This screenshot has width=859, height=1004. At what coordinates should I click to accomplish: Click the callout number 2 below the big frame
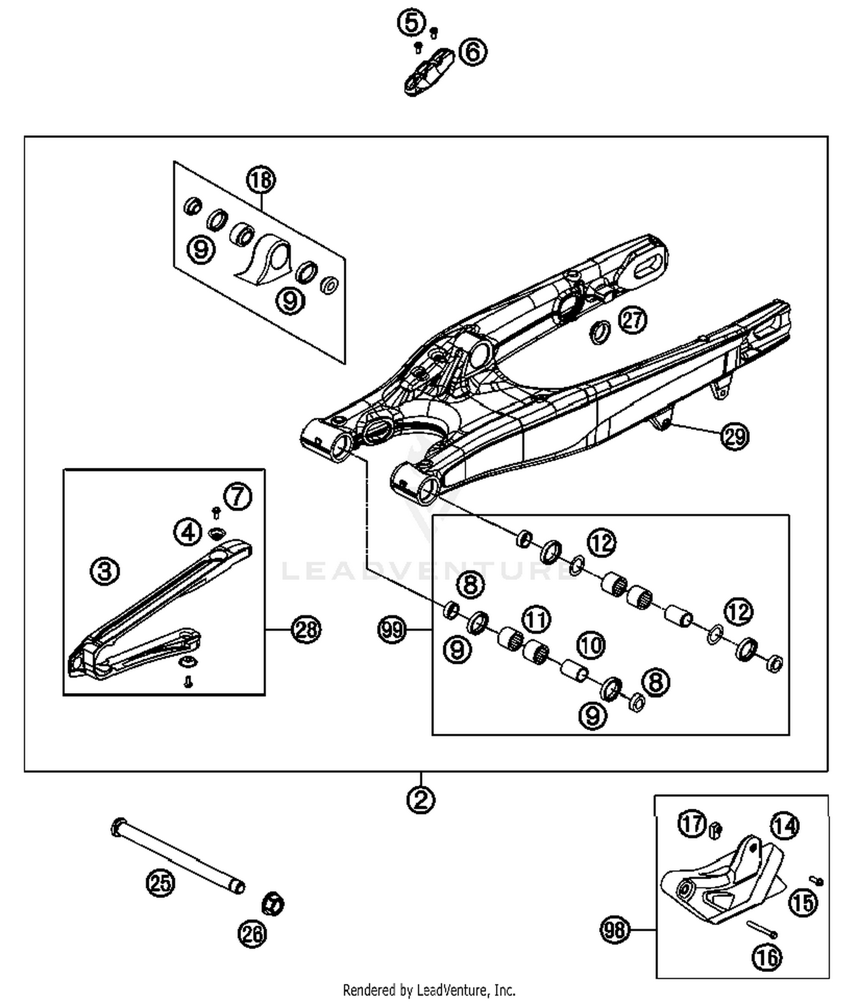(421, 800)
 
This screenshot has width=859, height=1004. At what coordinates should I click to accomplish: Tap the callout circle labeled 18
(261, 180)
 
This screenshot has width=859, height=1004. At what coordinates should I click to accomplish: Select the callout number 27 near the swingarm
(632, 320)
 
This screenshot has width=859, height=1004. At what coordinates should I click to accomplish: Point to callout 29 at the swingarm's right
(735, 437)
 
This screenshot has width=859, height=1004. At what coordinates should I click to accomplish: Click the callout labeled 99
(392, 630)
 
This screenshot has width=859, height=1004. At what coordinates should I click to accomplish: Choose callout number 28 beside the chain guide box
(306, 629)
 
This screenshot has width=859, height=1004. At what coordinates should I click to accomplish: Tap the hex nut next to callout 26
(273, 904)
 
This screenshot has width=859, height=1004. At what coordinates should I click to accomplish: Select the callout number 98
(614, 930)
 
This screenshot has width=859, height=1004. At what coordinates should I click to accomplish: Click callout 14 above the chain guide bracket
(784, 826)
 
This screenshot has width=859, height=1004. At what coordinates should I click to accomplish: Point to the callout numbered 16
(767, 957)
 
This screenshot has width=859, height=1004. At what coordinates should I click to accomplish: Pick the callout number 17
(692, 824)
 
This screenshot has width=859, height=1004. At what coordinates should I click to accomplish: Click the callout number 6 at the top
(473, 52)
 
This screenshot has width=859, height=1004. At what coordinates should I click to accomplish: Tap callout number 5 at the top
(411, 23)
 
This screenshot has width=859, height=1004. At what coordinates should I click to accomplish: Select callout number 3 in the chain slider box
(105, 571)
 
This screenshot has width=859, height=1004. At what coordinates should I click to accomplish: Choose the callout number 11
(536, 619)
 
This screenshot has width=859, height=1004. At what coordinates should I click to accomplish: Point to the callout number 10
(590, 645)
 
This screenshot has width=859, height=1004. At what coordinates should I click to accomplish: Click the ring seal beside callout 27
(600, 333)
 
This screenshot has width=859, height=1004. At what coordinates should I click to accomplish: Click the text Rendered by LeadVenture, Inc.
(429, 990)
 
